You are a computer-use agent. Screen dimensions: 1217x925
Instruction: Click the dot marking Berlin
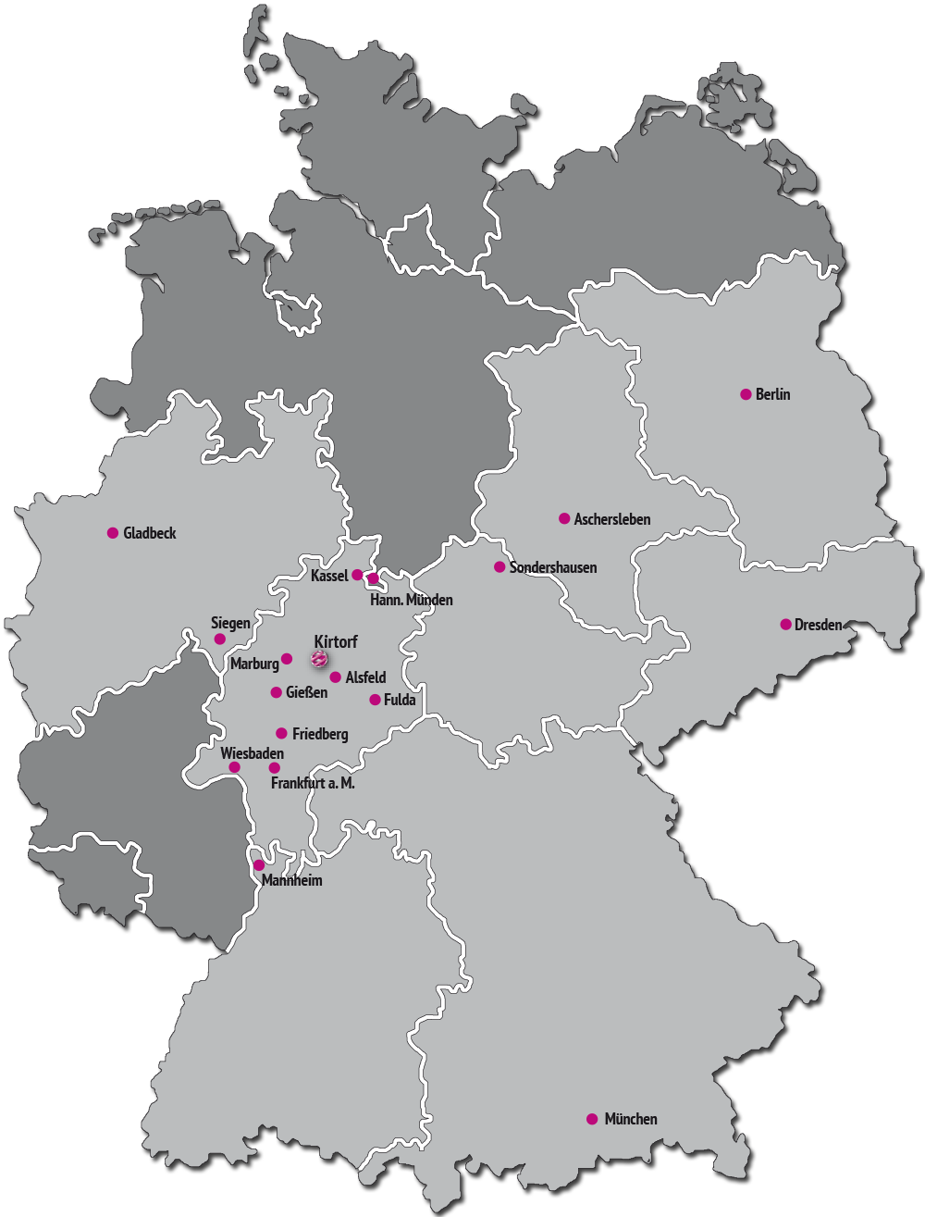[x=746, y=394]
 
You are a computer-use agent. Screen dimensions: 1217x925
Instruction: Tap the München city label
[x=630, y=1119]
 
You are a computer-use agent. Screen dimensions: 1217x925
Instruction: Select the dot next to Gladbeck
[x=113, y=533]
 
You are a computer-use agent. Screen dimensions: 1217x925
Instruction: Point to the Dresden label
[x=818, y=625]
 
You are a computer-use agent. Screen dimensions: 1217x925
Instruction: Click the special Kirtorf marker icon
[x=319, y=659]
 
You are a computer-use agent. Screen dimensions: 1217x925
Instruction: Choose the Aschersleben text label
[x=611, y=519]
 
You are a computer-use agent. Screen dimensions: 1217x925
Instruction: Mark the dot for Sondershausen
[x=499, y=567]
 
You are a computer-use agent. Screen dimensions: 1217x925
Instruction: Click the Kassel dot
[x=357, y=575]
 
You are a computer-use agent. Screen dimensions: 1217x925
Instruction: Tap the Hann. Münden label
[x=411, y=600]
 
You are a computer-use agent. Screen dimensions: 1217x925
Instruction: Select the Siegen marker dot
[x=219, y=639]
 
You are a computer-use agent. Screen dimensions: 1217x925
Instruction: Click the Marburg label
[x=254, y=664]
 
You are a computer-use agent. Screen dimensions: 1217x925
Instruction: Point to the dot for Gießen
[x=276, y=692]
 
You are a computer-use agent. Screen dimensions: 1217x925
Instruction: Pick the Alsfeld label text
[x=365, y=678]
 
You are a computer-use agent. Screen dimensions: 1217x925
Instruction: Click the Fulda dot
[x=375, y=700]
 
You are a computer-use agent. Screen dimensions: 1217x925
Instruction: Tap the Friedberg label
[x=320, y=734]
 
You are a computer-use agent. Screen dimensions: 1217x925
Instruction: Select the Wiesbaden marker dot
[x=234, y=767]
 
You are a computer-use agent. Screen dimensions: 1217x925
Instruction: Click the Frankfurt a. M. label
[x=313, y=783]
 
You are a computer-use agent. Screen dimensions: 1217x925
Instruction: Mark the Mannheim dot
[x=259, y=865]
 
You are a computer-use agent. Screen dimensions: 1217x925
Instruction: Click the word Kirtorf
[x=336, y=641]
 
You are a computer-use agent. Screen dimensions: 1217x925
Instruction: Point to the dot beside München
[x=592, y=1119]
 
